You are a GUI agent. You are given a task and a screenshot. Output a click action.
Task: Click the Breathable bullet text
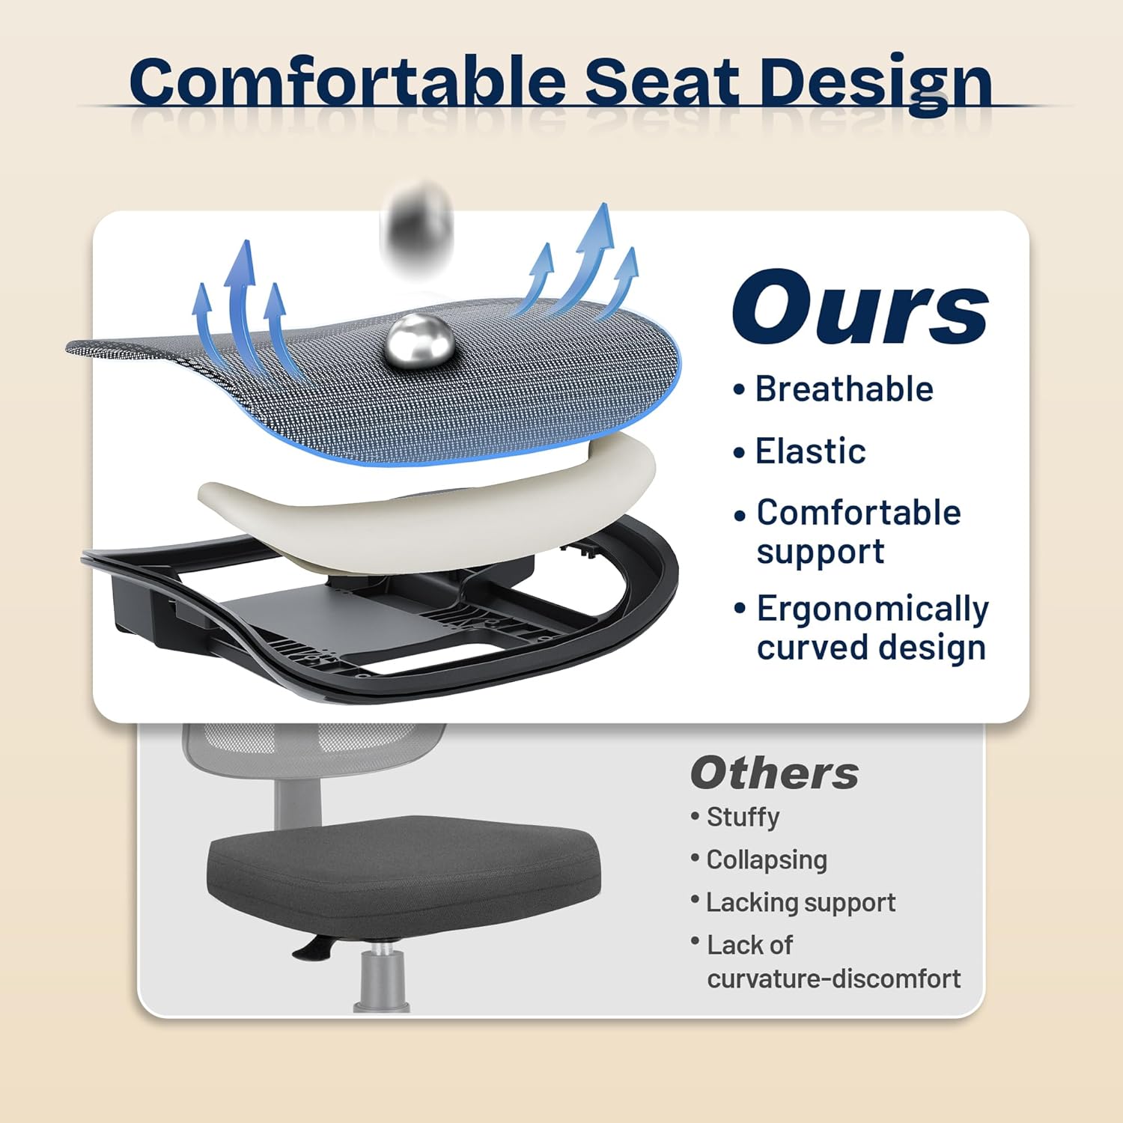844,389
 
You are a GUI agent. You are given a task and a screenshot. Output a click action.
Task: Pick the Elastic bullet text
810,451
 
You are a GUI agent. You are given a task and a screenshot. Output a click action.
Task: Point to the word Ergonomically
872,609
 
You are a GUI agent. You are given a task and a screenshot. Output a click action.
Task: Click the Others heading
774,773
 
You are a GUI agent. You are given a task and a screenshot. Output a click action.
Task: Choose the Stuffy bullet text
743,817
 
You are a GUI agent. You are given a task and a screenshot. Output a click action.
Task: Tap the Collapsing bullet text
767,859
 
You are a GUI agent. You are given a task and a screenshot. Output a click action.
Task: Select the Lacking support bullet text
800,903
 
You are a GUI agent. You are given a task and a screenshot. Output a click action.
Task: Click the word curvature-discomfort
833,979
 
